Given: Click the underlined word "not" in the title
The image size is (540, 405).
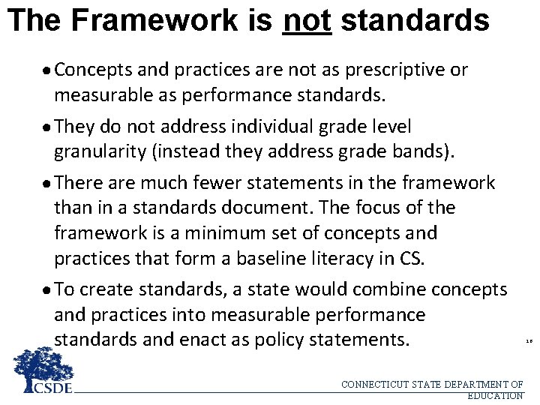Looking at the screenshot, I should [x=307, y=20].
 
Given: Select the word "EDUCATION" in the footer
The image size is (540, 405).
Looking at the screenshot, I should [x=494, y=395].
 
